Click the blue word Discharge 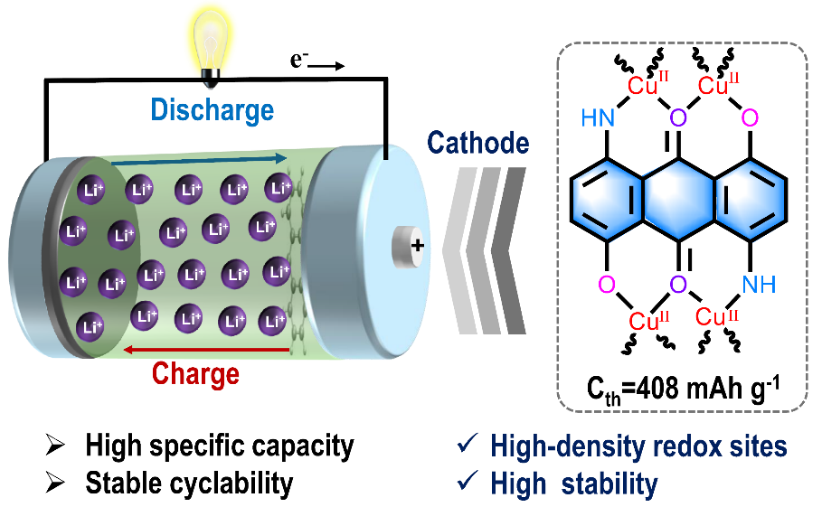(x=212, y=110)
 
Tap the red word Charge (x=195, y=372)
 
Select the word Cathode (x=478, y=144)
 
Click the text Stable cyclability (x=189, y=483)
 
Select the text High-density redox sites (x=638, y=446)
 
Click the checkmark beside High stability (x=468, y=484)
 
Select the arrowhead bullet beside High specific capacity (x=56, y=446)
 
